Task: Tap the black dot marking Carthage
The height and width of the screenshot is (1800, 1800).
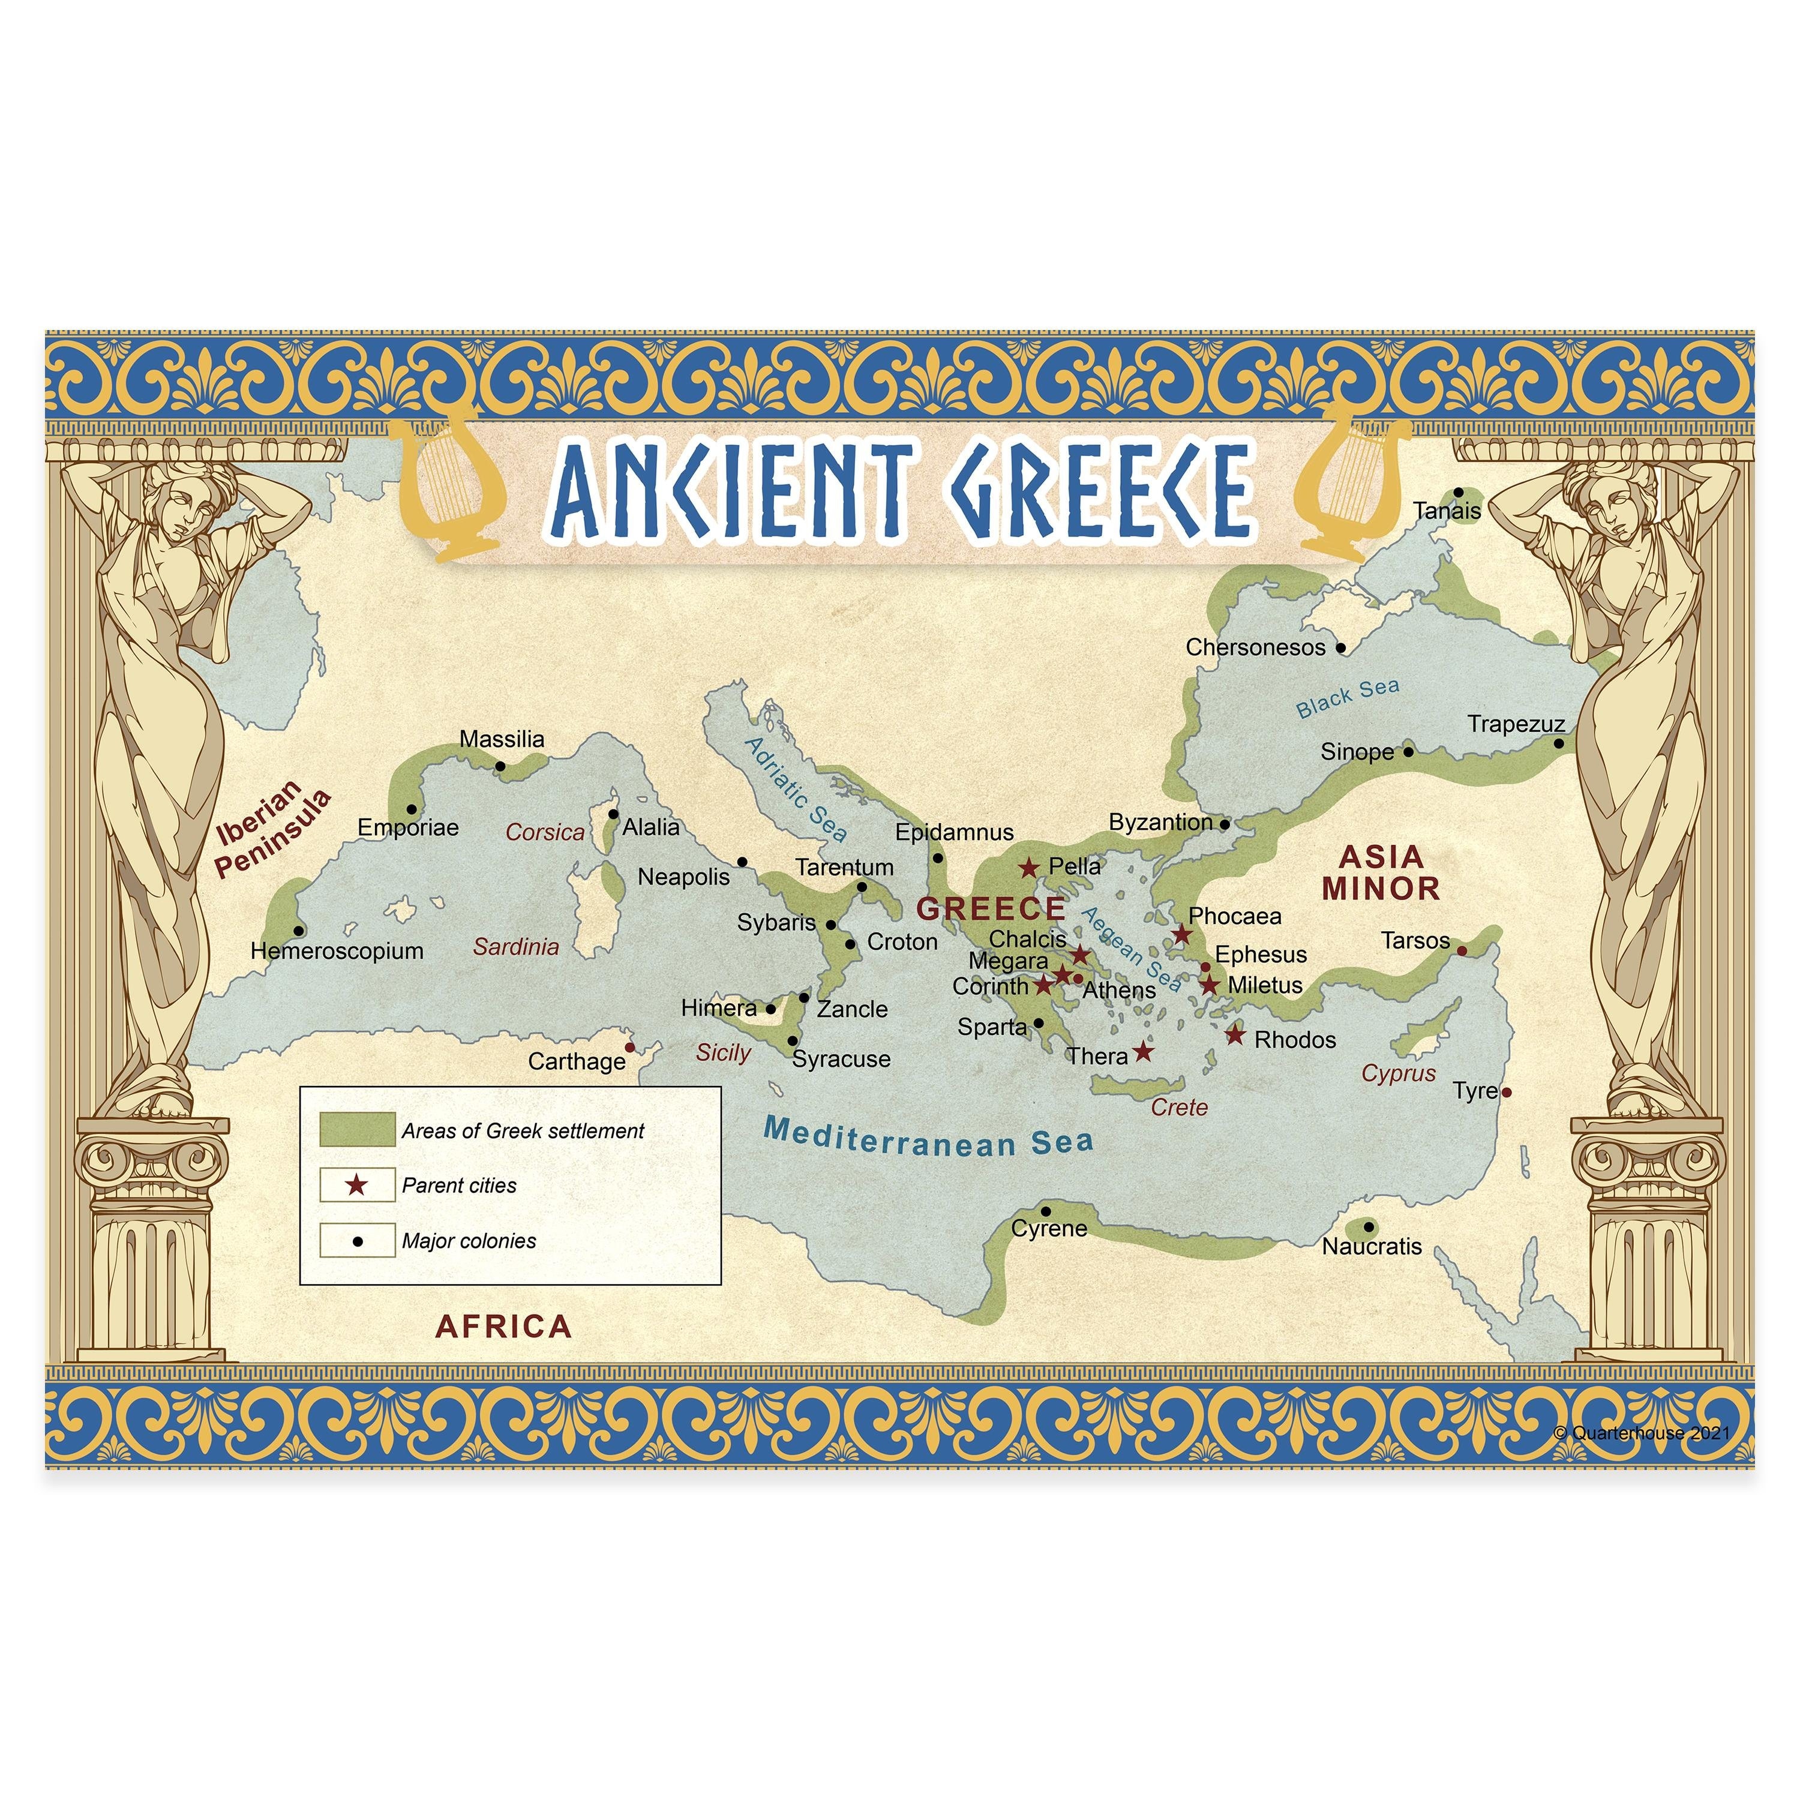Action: (630, 1047)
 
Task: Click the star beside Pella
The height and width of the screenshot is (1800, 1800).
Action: (1028, 868)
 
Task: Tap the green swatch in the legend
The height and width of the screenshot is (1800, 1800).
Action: (357, 1129)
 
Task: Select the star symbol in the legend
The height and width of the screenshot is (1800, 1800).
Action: (357, 1185)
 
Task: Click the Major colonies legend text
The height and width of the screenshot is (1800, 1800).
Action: (469, 1241)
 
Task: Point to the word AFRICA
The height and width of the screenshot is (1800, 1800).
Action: (503, 1327)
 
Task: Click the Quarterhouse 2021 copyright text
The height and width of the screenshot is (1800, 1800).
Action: (1642, 1433)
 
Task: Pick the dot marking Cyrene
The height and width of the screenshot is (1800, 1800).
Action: (1045, 1212)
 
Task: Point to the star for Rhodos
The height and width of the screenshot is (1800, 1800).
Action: (1234, 1035)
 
